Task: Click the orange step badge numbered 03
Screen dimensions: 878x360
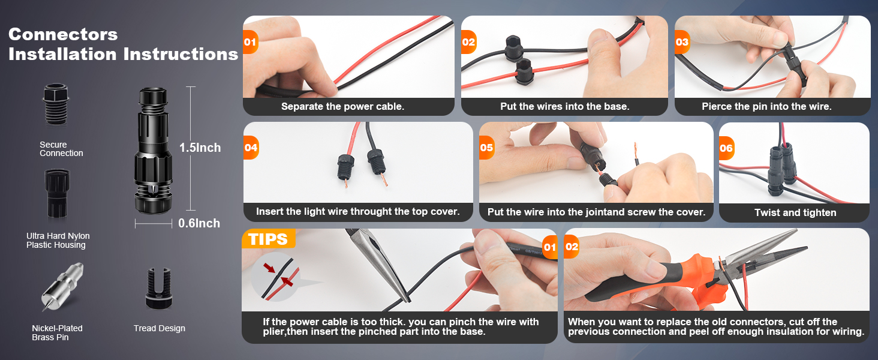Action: pos(682,42)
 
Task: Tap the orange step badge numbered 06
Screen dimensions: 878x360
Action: pos(727,148)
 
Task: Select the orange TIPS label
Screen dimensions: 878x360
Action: pos(269,239)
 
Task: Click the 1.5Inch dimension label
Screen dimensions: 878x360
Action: pos(200,148)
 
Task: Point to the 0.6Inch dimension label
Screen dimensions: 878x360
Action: pos(199,223)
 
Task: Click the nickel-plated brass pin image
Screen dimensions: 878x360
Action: pos(63,287)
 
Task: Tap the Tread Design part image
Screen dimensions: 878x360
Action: pos(159,289)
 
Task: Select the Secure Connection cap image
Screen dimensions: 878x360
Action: pos(56,104)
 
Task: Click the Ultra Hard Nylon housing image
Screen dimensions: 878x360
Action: pos(57,193)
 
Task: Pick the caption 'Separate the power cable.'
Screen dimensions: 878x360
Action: pos(342,107)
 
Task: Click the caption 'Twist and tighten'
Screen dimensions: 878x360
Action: pos(795,212)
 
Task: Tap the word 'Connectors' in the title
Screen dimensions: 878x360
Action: pos(63,35)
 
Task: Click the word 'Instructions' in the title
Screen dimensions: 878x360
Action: pos(181,54)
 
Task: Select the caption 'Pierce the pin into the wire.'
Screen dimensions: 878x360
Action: pos(766,107)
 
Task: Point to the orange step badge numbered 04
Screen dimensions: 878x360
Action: pos(251,148)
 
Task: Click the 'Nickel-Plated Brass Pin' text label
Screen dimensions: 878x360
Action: pos(57,332)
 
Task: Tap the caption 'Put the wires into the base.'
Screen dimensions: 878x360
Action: pos(565,107)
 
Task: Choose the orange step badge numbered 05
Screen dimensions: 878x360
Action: pos(487,148)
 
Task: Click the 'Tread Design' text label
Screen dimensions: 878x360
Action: pos(159,328)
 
